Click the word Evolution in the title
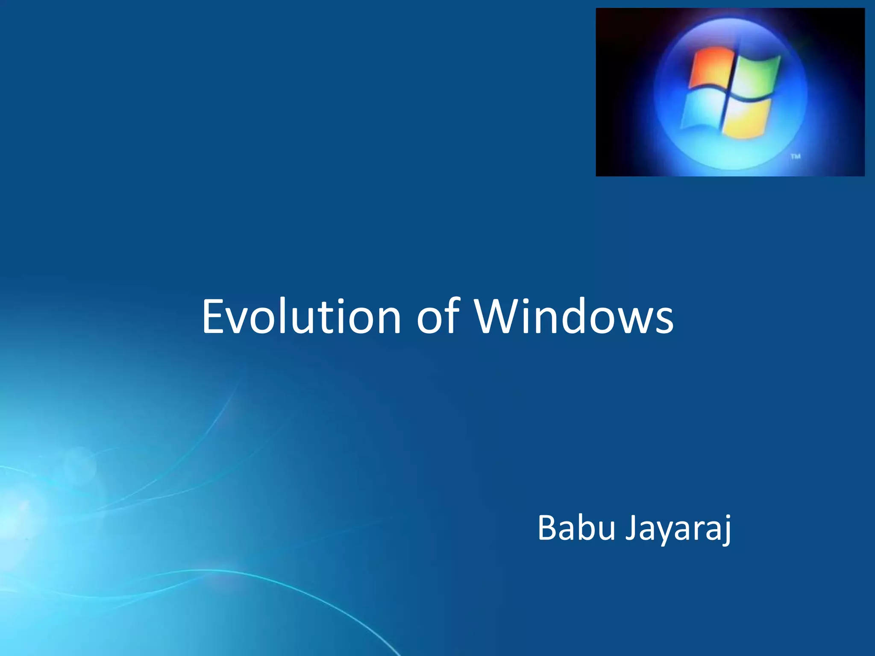(301, 317)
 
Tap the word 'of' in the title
(438, 317)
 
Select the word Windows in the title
(574, 317)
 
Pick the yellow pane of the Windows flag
(747, 117)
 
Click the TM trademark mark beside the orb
(795, 157)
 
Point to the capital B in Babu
(547, 528)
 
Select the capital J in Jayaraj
(631, 528)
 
